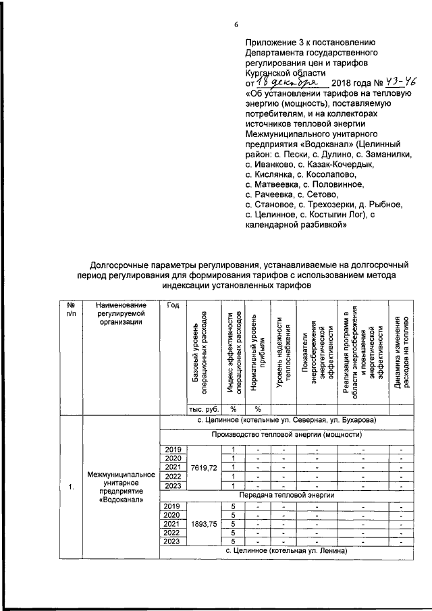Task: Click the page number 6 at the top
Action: coord(236,25)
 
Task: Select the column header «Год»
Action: coord(172,307)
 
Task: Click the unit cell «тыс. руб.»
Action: coord(200,408)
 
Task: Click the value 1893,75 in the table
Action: coord(204,524)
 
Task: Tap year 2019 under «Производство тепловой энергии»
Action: coord(174,449)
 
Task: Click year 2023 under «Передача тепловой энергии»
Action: coord(174,542)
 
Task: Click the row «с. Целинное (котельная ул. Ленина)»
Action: coord(286,552)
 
